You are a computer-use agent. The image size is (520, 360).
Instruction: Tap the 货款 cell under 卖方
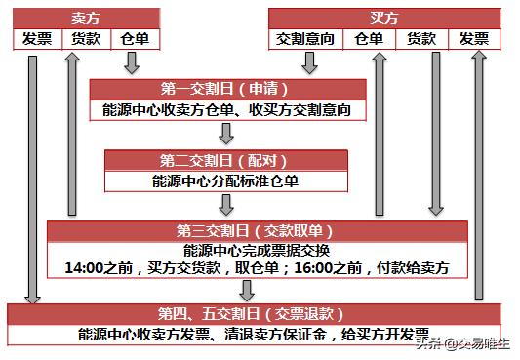85,39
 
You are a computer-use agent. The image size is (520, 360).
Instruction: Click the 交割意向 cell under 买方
306,39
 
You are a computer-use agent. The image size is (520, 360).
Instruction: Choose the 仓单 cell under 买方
370,39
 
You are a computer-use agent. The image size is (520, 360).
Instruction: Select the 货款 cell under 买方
420,39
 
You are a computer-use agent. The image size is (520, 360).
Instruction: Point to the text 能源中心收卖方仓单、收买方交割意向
228,110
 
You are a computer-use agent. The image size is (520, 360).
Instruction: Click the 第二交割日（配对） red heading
226,160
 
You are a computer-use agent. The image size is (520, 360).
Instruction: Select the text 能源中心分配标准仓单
226,180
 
